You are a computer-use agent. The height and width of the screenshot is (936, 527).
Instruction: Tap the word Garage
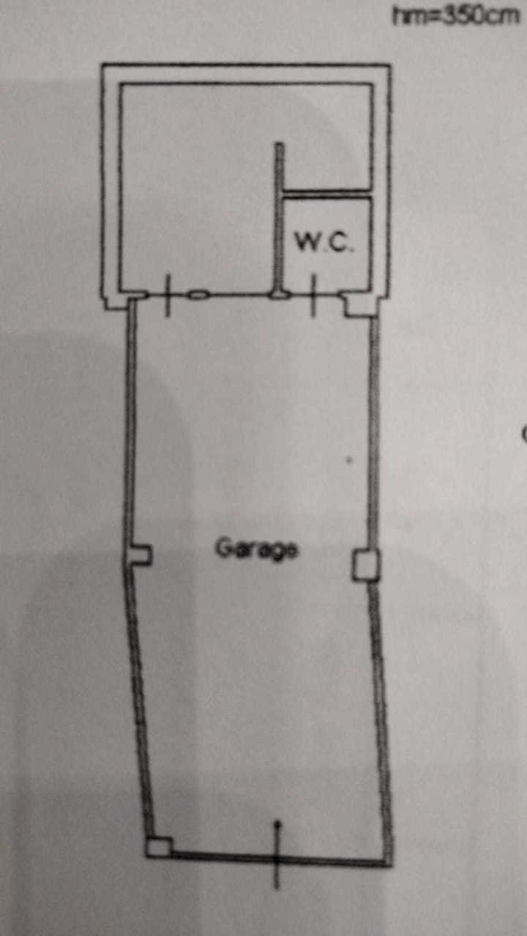(257, 548)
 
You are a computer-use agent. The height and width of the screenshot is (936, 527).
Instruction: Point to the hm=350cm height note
(455, 15)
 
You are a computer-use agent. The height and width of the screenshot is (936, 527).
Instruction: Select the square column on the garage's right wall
(365, 565)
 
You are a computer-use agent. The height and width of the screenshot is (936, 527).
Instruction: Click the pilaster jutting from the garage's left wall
(141, 556)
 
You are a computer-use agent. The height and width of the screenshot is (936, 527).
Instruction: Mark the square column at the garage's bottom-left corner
(157, 847)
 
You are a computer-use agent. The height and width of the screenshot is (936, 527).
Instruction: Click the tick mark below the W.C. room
(313, 295)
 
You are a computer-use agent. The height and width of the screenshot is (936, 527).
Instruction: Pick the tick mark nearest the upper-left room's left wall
(168, 295)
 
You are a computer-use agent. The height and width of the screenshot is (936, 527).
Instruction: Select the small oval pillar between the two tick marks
(198, 295)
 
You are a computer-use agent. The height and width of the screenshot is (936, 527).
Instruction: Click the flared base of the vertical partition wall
(279, 295)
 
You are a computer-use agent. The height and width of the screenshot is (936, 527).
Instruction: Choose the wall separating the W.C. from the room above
(327, 194)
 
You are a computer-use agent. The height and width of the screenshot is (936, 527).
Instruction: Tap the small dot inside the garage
(348, 461)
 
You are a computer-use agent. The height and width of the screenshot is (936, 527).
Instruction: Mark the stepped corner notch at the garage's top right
(359, 307)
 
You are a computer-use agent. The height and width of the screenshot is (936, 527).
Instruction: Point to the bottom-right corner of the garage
(386, 863)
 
